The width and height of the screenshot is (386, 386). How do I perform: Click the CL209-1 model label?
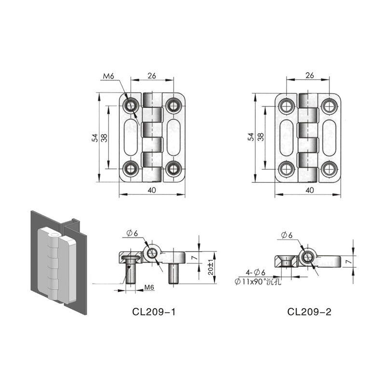tap(154, 312)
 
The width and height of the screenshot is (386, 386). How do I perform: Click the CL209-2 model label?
tap(309, 312)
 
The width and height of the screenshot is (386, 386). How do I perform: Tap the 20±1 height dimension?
tap(211, 268)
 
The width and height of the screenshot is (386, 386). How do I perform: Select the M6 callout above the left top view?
tap(109, 76)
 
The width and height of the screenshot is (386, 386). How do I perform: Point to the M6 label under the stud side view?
tap(149, 287)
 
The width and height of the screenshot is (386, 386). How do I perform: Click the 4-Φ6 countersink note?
tap(255, 273)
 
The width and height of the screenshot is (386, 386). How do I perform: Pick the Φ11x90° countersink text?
tap(258, 281)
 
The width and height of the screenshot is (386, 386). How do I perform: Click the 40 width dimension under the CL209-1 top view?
tap(152, 190)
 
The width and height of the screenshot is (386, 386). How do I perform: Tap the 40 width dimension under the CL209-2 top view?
tap(309, 190)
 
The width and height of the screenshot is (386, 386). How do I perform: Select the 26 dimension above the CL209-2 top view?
tap(310, 75)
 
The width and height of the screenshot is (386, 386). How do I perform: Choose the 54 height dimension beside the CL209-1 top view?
tap(95, 138)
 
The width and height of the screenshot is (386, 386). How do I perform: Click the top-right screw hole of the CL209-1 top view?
tap(174, 106)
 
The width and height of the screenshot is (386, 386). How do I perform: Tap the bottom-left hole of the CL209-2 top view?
tap(287, 169)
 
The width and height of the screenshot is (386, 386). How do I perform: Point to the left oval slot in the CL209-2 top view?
tap(287, 138)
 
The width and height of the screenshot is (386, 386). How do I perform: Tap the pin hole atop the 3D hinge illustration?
tap(54, 234)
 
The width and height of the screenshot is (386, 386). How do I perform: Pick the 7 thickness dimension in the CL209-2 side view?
tap(348, 262)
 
